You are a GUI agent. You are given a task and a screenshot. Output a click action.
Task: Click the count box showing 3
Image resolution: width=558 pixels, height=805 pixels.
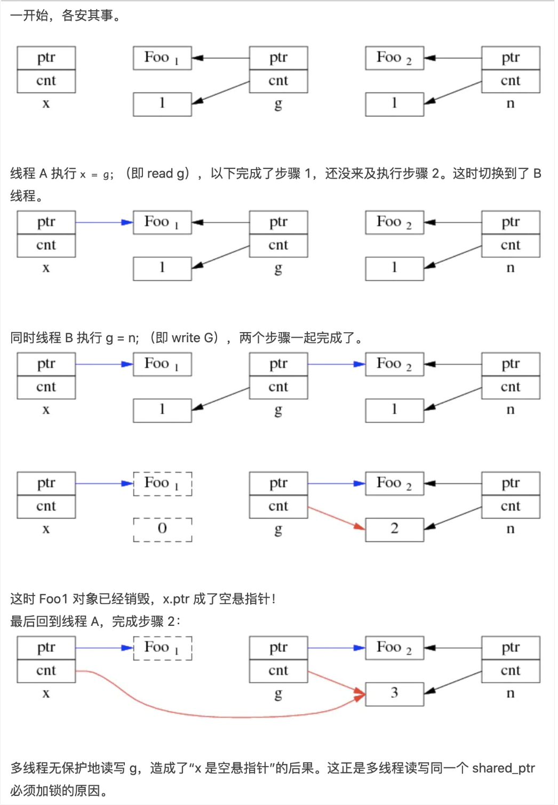point(394,694)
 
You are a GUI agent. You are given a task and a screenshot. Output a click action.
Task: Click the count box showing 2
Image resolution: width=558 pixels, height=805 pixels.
point(394,529)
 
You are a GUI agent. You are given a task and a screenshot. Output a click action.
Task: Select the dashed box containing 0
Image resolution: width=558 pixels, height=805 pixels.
point(162,529)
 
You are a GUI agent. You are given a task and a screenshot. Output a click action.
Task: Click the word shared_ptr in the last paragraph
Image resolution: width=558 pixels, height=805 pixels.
point(503,768)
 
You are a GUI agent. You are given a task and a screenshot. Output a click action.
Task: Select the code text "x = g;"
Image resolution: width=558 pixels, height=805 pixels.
point(97,174)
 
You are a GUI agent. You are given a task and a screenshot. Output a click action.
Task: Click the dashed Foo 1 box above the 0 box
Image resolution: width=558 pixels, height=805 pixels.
point(162,484)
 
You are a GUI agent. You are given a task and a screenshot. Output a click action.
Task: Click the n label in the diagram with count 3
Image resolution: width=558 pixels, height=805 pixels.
point(511,693)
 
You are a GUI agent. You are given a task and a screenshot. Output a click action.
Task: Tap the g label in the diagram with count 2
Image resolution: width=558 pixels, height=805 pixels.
point(278,529)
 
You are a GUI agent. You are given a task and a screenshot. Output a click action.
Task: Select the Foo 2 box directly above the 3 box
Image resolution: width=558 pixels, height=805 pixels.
point(394,648)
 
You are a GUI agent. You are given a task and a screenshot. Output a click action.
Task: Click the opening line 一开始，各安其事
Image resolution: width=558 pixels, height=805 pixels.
point(65,15)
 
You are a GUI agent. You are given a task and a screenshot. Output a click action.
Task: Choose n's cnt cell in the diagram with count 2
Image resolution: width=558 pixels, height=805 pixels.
point(511,506)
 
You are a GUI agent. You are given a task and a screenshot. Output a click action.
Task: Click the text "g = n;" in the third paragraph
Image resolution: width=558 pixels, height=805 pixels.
point(122,337)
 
